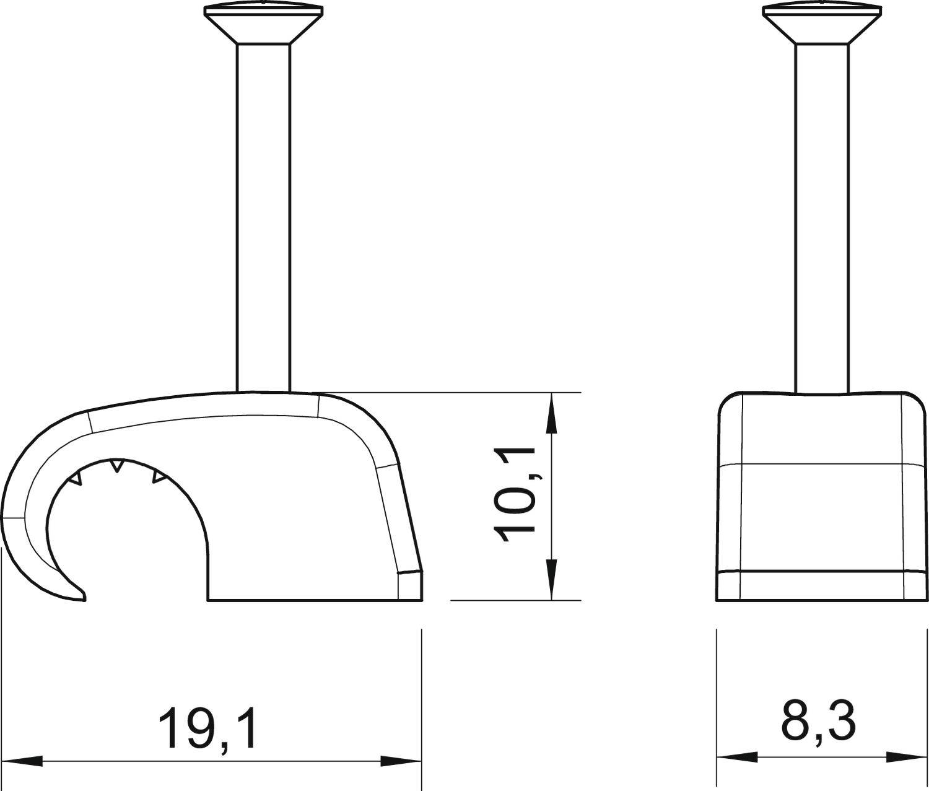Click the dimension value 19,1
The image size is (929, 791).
pyautogui.click(x=207, y=729)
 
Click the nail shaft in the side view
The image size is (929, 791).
pyautogui.click(x=264, y=217)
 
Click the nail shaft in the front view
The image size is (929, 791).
pyautogui.click(x=821, y=217)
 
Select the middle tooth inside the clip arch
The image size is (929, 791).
pyautogui.click(x=116, y=465)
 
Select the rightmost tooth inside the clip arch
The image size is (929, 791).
pyautogui.click(x=159, y=477)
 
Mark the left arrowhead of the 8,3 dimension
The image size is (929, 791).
pyautogui.click(x=737, y=757)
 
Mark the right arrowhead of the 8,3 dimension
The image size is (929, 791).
pyautogui.click(x=907, y=757)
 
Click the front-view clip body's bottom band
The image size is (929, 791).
pyautogui.click(x=821, y=585)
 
